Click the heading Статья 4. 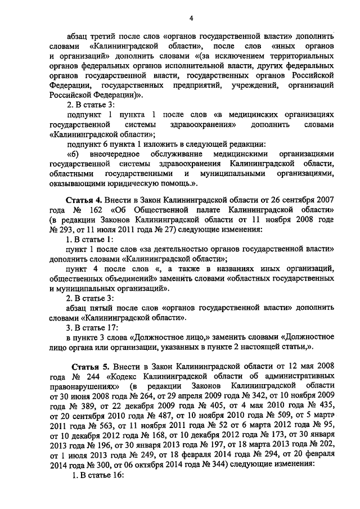(x=85, y=200)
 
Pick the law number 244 (x=105, y=377)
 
